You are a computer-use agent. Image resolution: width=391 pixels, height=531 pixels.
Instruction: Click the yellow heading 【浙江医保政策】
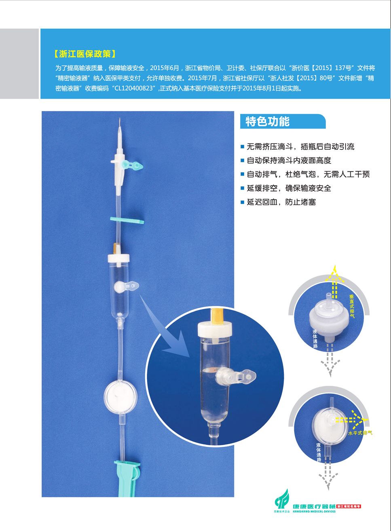(x=85, y=54)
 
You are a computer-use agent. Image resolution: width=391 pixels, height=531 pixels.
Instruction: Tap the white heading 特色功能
(x=267, y=122)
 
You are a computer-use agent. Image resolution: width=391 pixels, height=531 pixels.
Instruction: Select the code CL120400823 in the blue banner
(x=133, y=89)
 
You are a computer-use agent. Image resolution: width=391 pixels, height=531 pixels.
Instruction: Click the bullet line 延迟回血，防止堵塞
(x=281, y=202)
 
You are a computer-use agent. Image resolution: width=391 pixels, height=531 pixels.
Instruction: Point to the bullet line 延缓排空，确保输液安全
(x=289, y=188)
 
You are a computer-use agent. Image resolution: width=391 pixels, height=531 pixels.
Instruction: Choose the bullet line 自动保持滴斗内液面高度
(x=289, y=161)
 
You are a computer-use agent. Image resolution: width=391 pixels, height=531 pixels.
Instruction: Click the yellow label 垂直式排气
(x=352, y=306)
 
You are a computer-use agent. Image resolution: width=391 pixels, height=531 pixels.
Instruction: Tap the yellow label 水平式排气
(x=360, y=433)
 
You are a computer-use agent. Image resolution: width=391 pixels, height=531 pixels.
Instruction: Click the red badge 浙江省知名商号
(x=349, y=506)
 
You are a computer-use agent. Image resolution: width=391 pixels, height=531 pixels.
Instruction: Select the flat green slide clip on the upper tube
(x=127, y=220)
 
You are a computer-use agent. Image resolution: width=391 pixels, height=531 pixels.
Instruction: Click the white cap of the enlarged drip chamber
(x=215, y=328)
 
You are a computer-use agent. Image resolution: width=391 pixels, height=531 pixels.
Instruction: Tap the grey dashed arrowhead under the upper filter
(x=330, y=368)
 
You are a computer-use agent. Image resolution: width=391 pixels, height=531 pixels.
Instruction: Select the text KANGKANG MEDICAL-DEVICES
(x=314, y=511)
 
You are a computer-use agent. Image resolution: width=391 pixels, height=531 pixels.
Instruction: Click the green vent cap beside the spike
(x=134, y=165)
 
